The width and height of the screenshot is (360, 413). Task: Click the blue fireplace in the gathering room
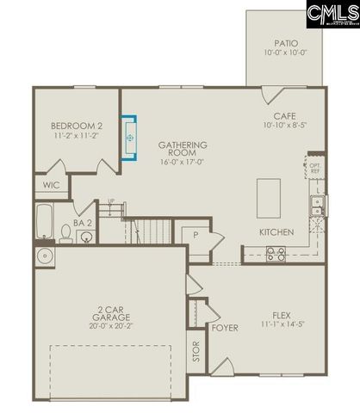130,138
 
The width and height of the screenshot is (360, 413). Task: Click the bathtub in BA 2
45,220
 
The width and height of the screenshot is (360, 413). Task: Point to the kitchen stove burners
276,253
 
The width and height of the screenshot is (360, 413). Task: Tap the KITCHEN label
276,232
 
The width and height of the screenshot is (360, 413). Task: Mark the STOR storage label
196,352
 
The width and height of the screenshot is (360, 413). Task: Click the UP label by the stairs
110,203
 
